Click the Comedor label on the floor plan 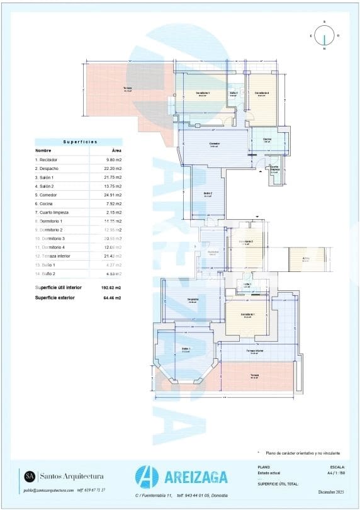pyautogui.click(x=215, y=144)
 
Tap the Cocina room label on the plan pyautogui.click(x=267, y=139)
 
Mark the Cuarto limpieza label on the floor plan pyautogui.click(x=275, y=169)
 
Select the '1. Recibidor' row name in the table pyautogui.click(x=47, y=160)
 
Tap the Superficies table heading pyautogui.click(x=78, y=142)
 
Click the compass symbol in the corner pyautogui.click(x=324, y=36)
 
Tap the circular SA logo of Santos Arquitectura pyautogui.click(x=29, y=477)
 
